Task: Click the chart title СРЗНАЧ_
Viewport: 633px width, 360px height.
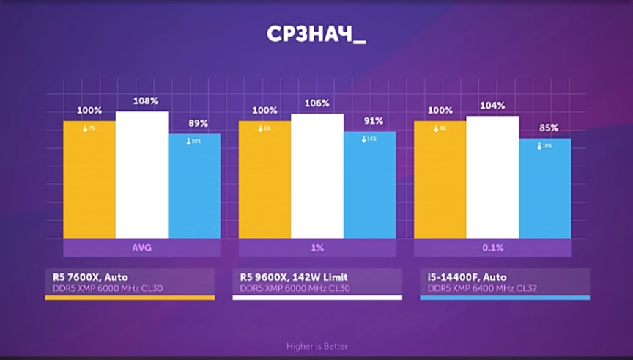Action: pyautogui.click(x=316, y=36)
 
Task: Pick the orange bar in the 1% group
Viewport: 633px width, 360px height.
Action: pyautogui.click(x=264, y=180)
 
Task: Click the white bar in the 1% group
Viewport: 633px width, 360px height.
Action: pyautogui.click(x=317, y=176)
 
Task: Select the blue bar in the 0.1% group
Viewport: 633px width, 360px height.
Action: pyautogui.click(x=544, y=188)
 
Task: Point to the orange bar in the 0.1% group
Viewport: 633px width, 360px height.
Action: pyautogui.click(x=440, y=180)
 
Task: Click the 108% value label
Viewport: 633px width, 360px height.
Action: pyautogui.click(x=145, y=101)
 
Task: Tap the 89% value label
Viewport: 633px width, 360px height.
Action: pyautogui.click(x=197, y=123)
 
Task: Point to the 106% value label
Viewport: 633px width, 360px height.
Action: pyautogui.click(x=318, y=103)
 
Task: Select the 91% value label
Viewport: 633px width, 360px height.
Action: pyautogui.click(x=373, y=122)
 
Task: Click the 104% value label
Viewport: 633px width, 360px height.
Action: pyautogui.click(x=493, y=106)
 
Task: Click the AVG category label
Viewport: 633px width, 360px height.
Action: pyautogui.click(x=142, y=248)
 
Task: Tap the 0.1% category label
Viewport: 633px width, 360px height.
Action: pyautogui.click(x=493, y=248)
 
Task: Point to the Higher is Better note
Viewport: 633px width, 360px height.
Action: pyautogui.click(x=316, y=346)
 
